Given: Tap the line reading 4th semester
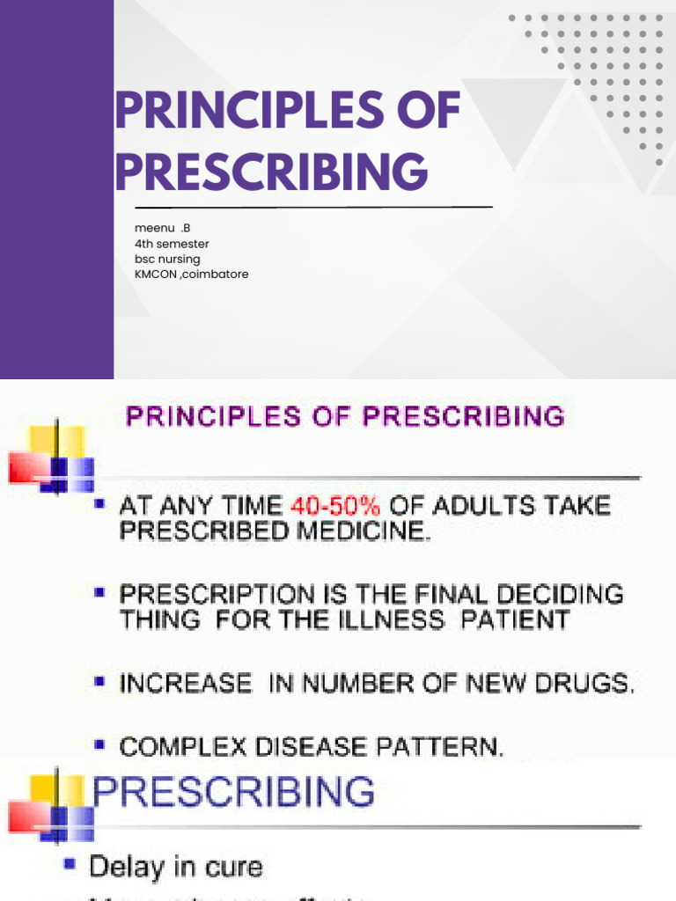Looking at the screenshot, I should coord(173,244).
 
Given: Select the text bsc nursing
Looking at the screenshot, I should coord(167,259).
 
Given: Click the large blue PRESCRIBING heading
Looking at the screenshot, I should coord(233,793).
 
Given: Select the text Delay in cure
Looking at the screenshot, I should coord(176,867).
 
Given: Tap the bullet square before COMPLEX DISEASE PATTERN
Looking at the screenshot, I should coord(100,745).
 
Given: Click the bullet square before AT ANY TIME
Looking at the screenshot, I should coord(100,505).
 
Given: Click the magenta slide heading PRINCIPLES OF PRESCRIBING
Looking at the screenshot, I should coord(345,415).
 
